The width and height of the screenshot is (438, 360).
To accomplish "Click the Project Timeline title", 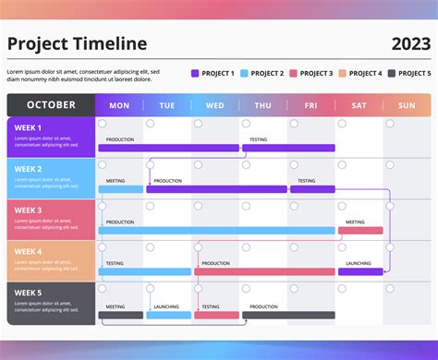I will tap(77, 44).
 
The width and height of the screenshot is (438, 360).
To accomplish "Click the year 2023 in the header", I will tap(410, 44).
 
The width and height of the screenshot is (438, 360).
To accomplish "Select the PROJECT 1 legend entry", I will tap(213, 73).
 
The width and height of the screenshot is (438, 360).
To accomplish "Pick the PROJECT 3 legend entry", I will tap(310, 73).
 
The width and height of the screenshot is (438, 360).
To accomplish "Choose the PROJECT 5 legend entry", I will tap(408, 73).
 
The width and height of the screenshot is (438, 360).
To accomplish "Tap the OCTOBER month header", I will tap(51, 105).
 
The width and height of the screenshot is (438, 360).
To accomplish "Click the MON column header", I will tap(119, 105).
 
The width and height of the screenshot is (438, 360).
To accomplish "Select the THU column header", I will tap(262, 105).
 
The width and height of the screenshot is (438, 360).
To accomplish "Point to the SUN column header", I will tap(407, 105).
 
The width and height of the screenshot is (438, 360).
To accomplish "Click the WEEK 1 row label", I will tap(29, 127).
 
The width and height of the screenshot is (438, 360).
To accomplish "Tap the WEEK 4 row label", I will tap(29, 252).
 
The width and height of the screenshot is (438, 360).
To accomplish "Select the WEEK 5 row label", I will tap(29, 294).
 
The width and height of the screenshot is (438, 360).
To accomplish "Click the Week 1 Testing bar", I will tap(288, 148).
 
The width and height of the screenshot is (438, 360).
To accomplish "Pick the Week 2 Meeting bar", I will tap(121, 189).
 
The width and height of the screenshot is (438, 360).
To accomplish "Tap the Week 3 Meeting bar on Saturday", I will tap(360, 231).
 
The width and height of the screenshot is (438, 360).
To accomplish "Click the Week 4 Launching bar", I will tap(360, 272).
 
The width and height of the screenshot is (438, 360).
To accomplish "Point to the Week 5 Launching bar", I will tap(168, 315).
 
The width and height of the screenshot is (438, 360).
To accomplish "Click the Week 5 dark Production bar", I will tap(288, 315).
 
